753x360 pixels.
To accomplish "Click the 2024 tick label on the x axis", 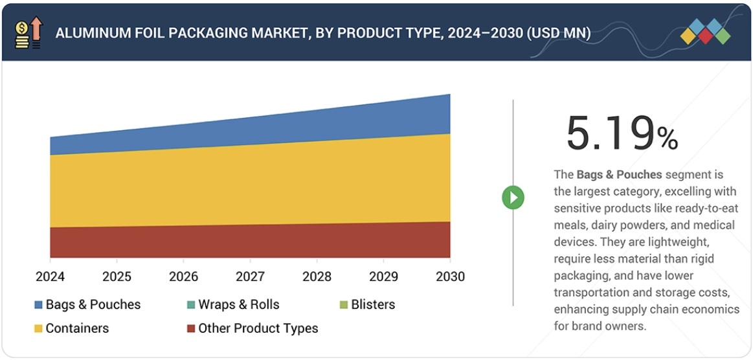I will [50, 276].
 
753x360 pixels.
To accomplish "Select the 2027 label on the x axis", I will [250, 276].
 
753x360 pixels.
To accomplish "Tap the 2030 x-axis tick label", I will [450, 276].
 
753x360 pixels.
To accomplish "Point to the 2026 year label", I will [183, 276].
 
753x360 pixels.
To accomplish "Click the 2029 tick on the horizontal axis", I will [383, 276].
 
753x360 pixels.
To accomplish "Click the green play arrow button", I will [513, 197].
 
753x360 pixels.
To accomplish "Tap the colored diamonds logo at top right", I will [705, 32].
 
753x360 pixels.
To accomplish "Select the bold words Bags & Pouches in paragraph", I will [619, 174].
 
